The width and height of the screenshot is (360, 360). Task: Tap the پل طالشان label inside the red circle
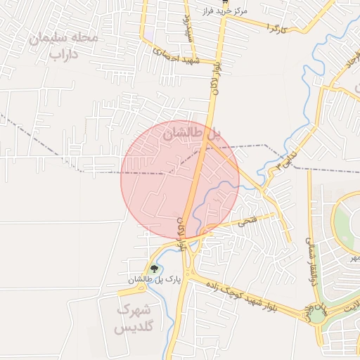[191, 131]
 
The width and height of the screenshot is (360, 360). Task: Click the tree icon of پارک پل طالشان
[154, 269]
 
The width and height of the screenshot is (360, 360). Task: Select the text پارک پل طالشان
[154, 280]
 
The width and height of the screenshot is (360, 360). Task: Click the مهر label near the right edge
[355, 258]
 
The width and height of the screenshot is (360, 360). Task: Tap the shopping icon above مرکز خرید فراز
[225, 3]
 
